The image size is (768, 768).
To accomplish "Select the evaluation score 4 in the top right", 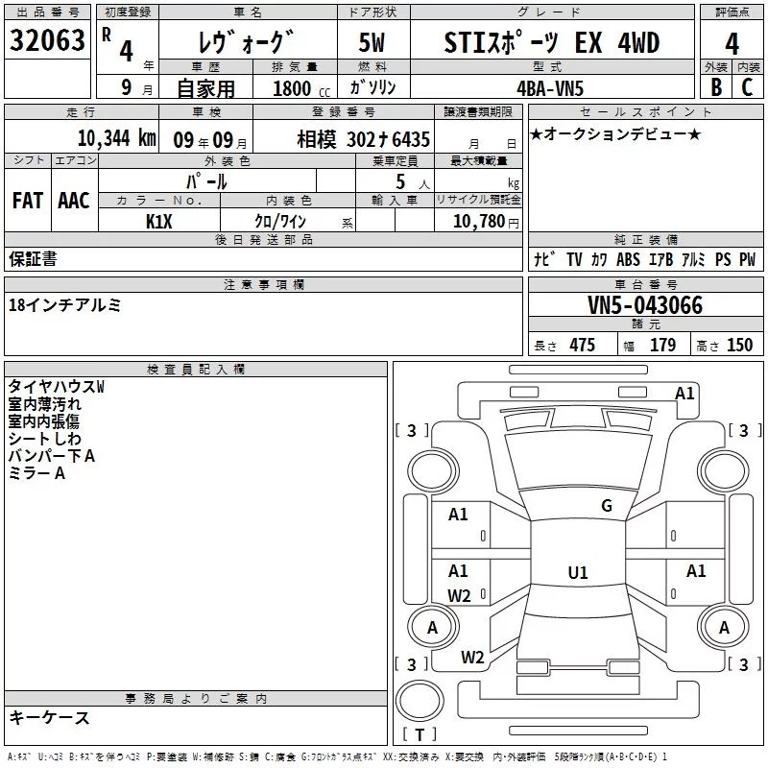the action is [x=732, y=44].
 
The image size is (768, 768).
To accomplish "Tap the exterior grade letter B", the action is [x=714, y=86].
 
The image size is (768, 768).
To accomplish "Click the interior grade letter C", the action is [x=747, y=86].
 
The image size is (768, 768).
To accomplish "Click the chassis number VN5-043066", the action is [x=645, y=306].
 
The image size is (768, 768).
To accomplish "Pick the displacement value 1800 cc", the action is [x=295, y=88].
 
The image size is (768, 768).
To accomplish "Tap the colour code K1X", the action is [x=159, y=220].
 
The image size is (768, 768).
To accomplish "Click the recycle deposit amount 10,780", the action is [x=477, y=222].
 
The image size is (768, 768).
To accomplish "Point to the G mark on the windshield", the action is [x=606, y=506].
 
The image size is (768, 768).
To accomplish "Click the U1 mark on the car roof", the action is [x=577, y=573].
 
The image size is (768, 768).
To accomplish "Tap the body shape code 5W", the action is [x=373, y=44].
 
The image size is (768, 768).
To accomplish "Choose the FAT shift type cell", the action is [x=27, y=201].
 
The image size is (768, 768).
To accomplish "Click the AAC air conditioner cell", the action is [x=74, y=201].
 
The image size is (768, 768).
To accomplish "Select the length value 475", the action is [x=582, y=346].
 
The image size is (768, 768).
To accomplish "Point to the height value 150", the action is [x=739, y=346].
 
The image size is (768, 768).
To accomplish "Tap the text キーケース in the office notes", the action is [x=50, y=718].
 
